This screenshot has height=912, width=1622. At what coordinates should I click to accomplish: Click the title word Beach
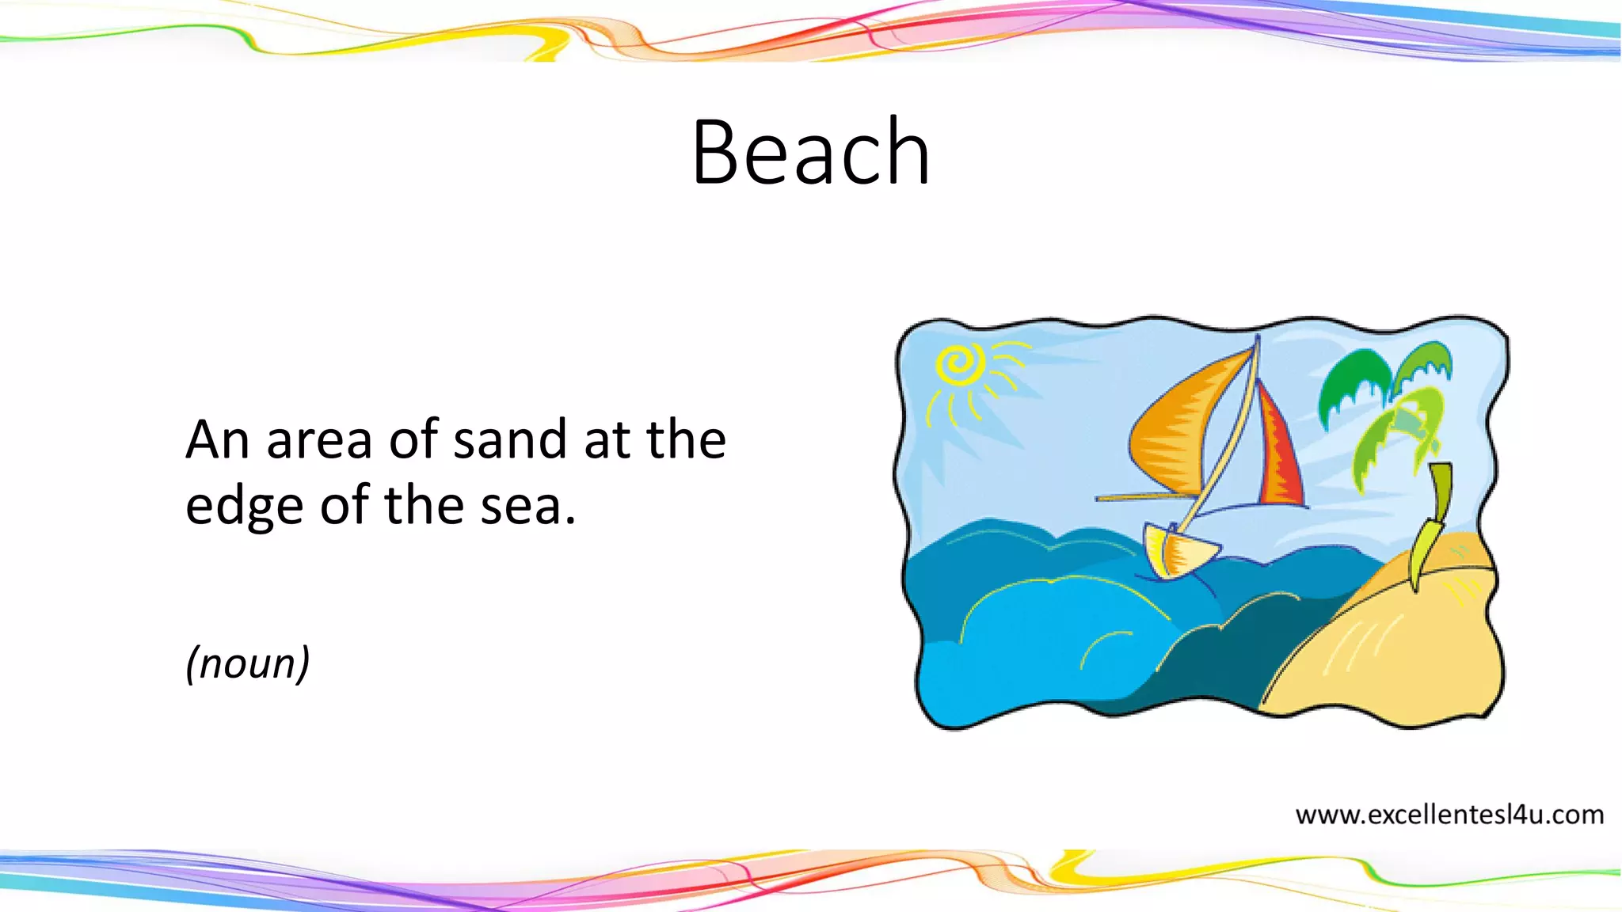point(810,152)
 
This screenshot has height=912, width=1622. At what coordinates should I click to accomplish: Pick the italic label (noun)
point(247,663)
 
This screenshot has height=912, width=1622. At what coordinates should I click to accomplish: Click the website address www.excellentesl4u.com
point(1449,815)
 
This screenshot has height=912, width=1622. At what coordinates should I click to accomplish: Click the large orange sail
point(1180,427)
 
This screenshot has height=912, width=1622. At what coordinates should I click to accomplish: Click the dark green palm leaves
point(1354,380)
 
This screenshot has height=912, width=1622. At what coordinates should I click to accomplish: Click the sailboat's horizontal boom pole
point(1140,497)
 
